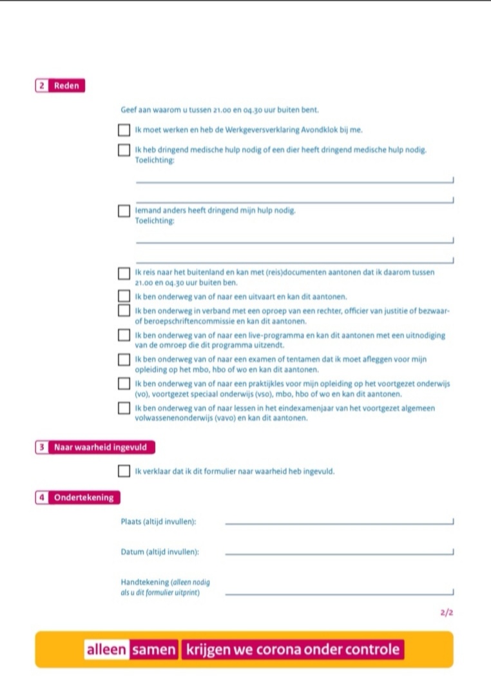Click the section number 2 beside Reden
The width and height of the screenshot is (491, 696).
pos(42,86)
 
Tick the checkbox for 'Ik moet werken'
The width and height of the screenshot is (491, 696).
pos(124,131)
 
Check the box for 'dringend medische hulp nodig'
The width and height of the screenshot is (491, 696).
pos(124,151)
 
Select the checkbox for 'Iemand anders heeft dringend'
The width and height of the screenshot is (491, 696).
pos(124,211)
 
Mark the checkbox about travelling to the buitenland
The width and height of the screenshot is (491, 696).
pos(124,274)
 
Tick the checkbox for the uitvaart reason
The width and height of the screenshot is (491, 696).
pos(124,296)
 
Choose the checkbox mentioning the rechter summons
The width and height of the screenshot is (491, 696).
pos(124,311)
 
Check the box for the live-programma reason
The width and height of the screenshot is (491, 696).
pos(124,335)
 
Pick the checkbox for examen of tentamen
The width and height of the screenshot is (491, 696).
pos(124,359)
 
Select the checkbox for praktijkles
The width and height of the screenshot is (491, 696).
pos(124,384)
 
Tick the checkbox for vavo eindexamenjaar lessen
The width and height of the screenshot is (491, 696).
pos(124,408)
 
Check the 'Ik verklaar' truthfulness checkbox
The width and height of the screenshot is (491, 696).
pos(124,471)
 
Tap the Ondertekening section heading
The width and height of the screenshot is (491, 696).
pos(84,497)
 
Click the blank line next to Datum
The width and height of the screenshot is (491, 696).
pos(339,552)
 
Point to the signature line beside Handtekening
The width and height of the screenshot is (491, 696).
pos(339,592)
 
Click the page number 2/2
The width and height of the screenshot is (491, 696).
pos(447,613)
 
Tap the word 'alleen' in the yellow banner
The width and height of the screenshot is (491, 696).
pos(107,650)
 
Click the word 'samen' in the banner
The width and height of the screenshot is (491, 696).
pos(153,650)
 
